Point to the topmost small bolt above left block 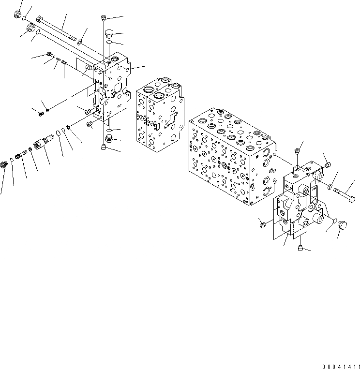coord(104,18)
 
